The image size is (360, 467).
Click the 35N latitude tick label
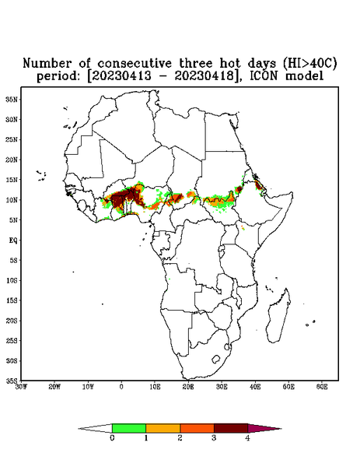point(12,100)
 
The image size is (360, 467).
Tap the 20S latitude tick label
point(12,321)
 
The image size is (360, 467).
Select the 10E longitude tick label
point(155,387)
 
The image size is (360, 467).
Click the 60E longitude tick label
point(322,387)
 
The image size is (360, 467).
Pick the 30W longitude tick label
point(21,387)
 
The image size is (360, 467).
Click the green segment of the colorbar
point(129,428)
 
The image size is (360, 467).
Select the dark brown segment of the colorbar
point(231,428)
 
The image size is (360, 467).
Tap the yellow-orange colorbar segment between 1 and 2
point(163,428)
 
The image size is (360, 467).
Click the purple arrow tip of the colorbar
point(264,429)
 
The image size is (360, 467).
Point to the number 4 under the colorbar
point(247,438)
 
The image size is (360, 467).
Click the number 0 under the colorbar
point(112,438)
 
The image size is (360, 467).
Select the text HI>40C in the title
point(309,63)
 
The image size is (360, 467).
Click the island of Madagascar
point(278,317)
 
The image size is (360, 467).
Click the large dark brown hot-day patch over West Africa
point(124,198)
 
